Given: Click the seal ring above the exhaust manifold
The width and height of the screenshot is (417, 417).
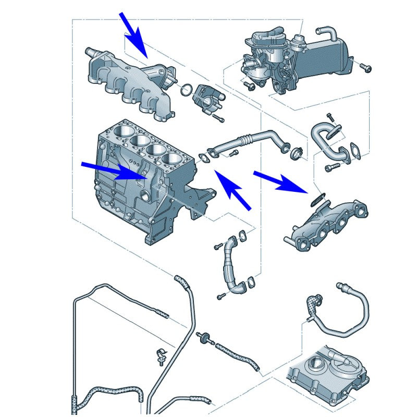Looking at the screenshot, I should [319, 198].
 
